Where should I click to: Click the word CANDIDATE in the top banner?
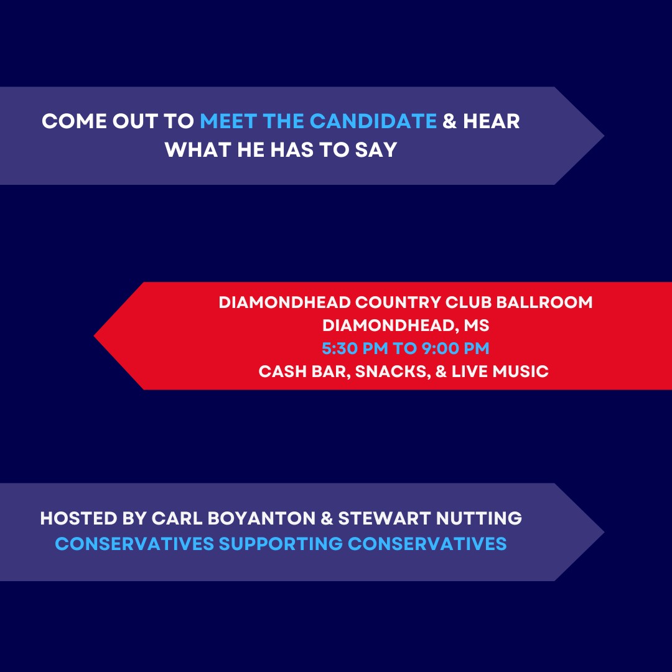(373, 121)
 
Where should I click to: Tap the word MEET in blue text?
(228, 121)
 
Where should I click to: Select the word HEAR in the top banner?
(491, 121)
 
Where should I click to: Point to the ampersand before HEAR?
(449, 121)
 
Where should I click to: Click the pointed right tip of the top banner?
(604, 136)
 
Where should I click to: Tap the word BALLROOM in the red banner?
(544, 302)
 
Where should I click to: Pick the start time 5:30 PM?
(355, 348)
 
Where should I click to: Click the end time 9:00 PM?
(455, 348)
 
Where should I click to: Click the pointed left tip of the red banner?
(95, 336)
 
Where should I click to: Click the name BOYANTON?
(261, 518)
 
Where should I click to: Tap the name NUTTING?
(478, 518)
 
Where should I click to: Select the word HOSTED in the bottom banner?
(78, 518)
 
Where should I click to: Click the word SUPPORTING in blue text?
(281, 544)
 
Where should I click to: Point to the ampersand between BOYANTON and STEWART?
(327, 518)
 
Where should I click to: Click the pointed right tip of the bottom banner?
(604, 532)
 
